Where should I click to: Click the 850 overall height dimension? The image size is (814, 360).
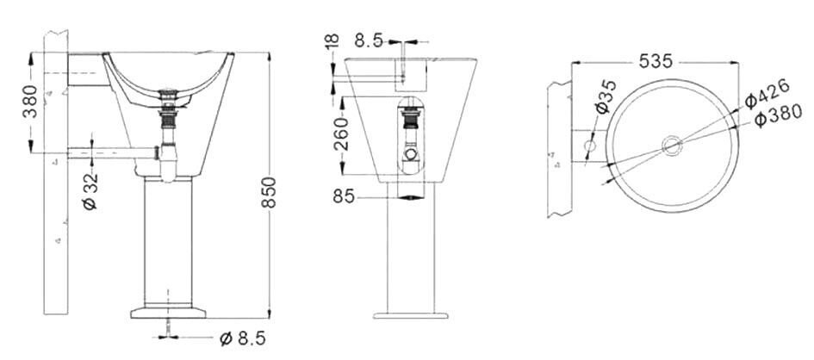click(x=269, y=192)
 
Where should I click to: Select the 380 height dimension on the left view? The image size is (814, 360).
click(x=30, y=101)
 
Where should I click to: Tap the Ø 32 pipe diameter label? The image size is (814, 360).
click(x=90, y=191)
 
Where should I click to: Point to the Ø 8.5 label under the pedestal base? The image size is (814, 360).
click(x=242, y=338)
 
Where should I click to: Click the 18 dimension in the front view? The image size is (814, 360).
click(x=332, y=41)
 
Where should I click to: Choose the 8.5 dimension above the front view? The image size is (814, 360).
click(x=369, y=40)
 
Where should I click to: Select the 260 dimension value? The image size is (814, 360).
click(x=341, y=133)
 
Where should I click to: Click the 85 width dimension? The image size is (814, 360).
click(x=344, y=196)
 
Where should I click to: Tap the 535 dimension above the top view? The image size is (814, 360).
click(x=656, y=61)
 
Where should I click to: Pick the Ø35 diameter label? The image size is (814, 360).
click(x=606, y=97)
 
